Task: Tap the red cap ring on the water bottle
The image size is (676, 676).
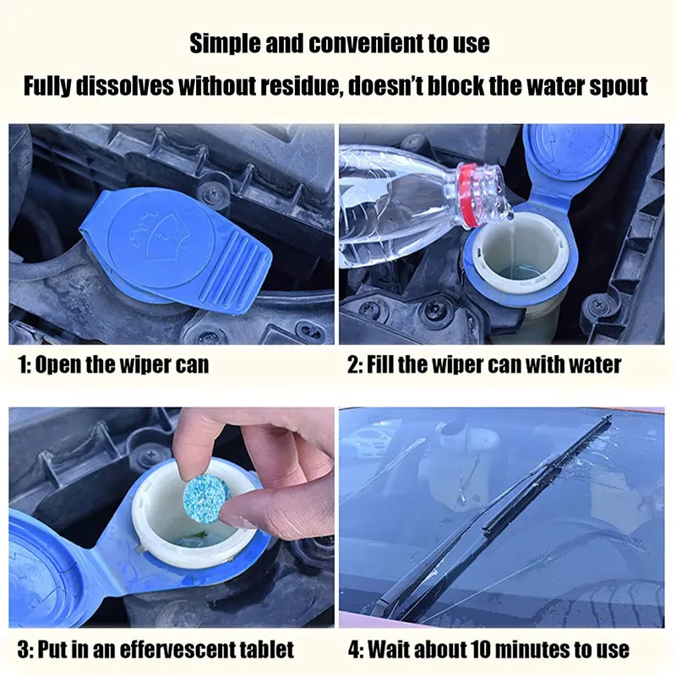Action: (468, 195)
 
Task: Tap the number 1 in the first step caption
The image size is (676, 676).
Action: (22, 365)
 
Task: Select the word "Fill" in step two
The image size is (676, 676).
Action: (379, 365)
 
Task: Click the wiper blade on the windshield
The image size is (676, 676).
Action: (496, 517)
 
